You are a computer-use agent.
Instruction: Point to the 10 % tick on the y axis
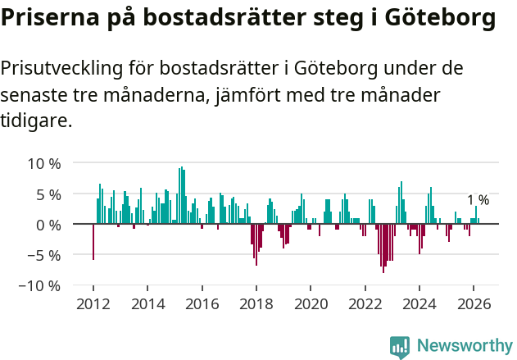(x=45, y=163)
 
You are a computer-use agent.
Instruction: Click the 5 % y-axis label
(x=48, y=194)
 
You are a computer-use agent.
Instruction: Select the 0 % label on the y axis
(x=48, y=225)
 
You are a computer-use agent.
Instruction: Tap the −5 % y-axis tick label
(x=45, y=255)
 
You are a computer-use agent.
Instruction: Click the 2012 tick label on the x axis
(x=93, y=303)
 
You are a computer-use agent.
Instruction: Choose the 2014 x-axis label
(x=147, y=303)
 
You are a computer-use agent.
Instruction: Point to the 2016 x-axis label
(x=202, y=303)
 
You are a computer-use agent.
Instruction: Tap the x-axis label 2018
(x=256, y=303)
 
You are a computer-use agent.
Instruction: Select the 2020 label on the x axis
(x=311, y=303)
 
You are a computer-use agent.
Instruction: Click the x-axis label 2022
(x=365, y=303)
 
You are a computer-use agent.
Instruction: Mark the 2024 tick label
(x=419, y=303)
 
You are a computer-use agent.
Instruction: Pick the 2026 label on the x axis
(x=474, y=303)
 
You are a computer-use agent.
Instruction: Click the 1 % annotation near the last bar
(x=478, y=200)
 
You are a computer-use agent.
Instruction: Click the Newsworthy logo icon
(x=400, y=347)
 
